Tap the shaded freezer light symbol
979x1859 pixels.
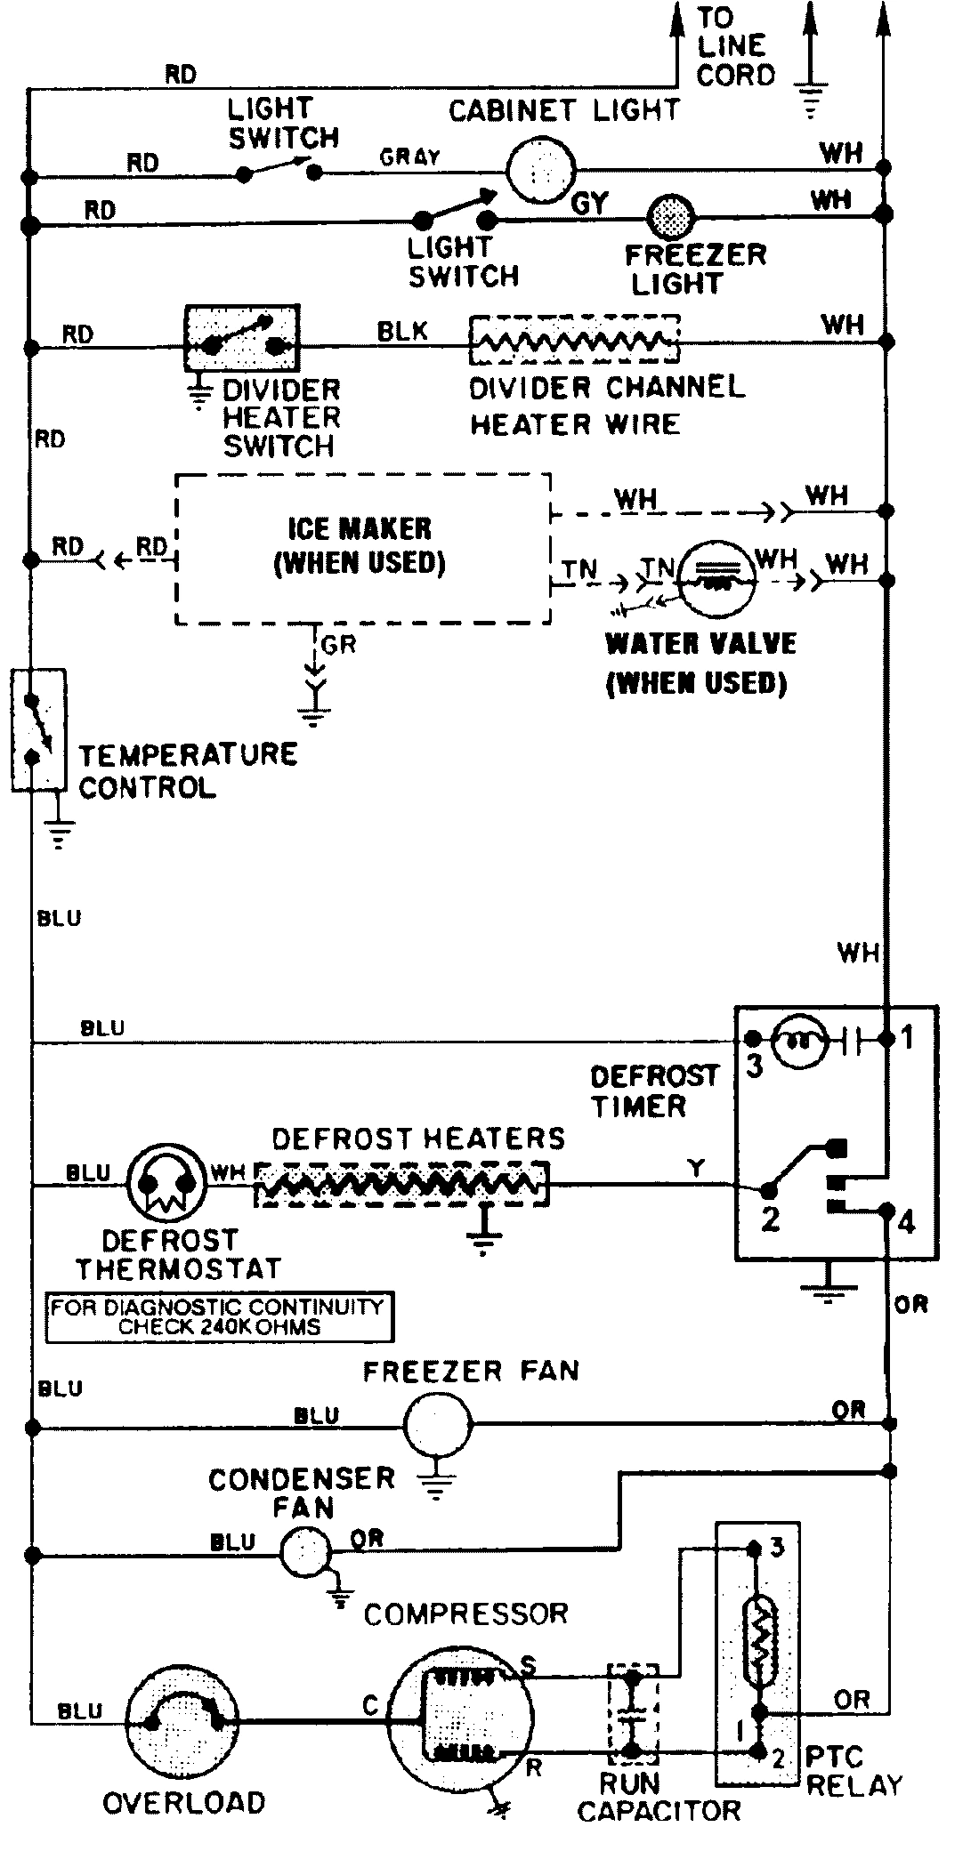671,216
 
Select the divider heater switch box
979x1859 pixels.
241,338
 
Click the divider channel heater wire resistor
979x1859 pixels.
574,340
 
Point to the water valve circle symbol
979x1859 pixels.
717,577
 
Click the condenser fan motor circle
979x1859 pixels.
304,1552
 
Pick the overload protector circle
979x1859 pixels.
182,1721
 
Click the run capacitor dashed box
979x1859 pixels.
633,1714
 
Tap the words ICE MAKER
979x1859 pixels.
359,528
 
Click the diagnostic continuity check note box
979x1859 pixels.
218,1316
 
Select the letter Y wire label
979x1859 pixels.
696,1168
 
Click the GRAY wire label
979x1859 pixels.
409,157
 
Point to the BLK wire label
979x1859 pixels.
402,331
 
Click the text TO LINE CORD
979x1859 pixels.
734,46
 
